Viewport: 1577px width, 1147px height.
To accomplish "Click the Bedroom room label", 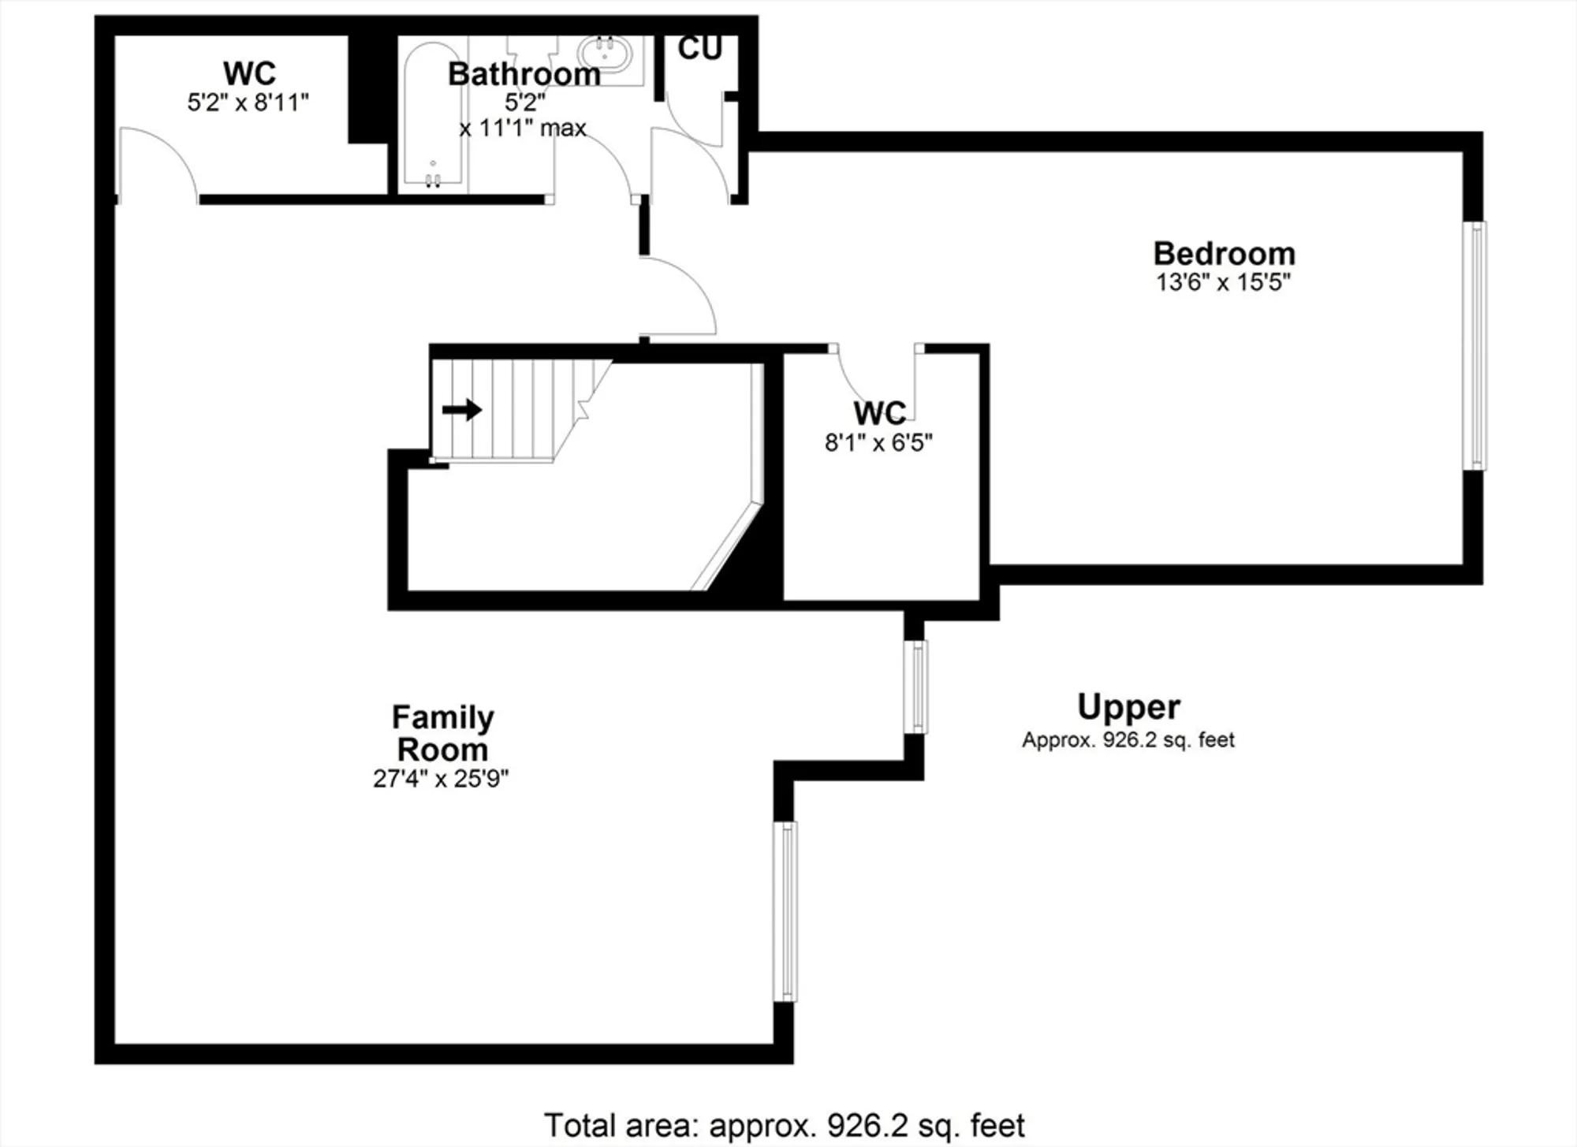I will coord(1224,254).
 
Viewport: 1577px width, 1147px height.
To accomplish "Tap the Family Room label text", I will coord(442,733).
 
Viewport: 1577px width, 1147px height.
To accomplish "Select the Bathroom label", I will coord(524,74).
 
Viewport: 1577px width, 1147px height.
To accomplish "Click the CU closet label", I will coord(699,49).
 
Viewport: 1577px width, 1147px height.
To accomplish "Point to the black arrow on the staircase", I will coord(462,410).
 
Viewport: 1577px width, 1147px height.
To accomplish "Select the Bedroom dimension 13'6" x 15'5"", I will coord(1223,282).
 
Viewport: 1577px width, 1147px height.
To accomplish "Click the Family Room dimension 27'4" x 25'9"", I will coord(441,779).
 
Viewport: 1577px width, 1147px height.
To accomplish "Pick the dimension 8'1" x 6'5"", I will coord(878,443).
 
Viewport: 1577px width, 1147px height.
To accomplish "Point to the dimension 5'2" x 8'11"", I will coord(248,102).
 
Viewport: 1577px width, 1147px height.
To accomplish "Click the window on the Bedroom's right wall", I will coord(1474,345).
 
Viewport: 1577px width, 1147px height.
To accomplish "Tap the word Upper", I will coord(1128,706).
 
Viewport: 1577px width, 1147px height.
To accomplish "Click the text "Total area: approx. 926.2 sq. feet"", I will coord(785,1125).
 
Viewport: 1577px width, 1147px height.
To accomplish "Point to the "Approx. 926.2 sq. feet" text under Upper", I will coord(1128,740).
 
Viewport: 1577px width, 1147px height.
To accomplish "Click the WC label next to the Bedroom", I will coord(879,413).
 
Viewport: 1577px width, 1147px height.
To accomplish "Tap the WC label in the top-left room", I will coord(249,73).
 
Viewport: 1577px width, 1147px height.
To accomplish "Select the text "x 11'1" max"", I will coord(523,128).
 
